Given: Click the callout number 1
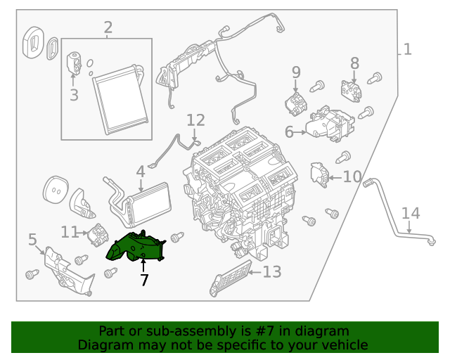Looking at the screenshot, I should (x=408, y=49).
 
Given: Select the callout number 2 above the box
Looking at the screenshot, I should (x=108, y=28).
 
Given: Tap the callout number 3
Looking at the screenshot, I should (x=74, y=94).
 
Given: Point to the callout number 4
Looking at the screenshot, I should (x=141, y=171).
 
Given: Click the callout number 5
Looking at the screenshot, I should (x=32, y=240).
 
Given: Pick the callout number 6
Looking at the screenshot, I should (x=289, y=131).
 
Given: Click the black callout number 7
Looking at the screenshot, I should (x=144, y=280).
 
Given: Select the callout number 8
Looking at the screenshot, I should (x=354, y=65).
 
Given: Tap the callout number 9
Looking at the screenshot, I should (x=296, y=72).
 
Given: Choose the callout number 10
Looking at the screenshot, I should (x=352, y=176).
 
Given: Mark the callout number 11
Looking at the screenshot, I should (x=69, y=231).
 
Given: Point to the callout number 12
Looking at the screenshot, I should (x=195, y=120).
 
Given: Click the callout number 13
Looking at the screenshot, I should (x=271, y=271).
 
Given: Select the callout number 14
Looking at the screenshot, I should (x=410, y=212).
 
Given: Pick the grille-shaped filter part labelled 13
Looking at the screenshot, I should (x=230, y=278).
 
